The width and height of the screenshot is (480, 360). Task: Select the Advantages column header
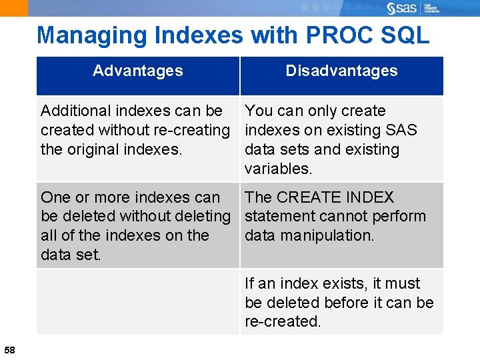tap(138, 71)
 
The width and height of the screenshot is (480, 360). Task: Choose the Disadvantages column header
tap(341, 71)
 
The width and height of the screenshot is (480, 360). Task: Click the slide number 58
tap(10, 350)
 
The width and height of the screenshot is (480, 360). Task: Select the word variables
tap(278, 169)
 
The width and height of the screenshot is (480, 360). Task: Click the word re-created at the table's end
tap(283, 321)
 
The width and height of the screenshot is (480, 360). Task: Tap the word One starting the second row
tap(55, 197)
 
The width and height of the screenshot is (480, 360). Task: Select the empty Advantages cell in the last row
tap(137, 302)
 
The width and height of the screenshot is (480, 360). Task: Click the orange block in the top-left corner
tap(14, 8)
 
